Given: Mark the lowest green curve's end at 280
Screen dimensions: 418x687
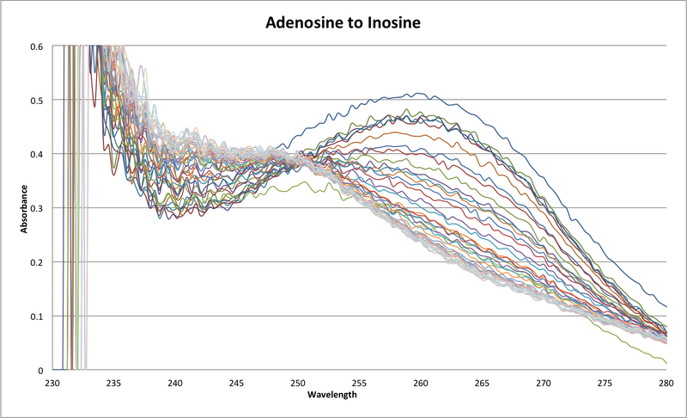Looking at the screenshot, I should click(666, 362).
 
